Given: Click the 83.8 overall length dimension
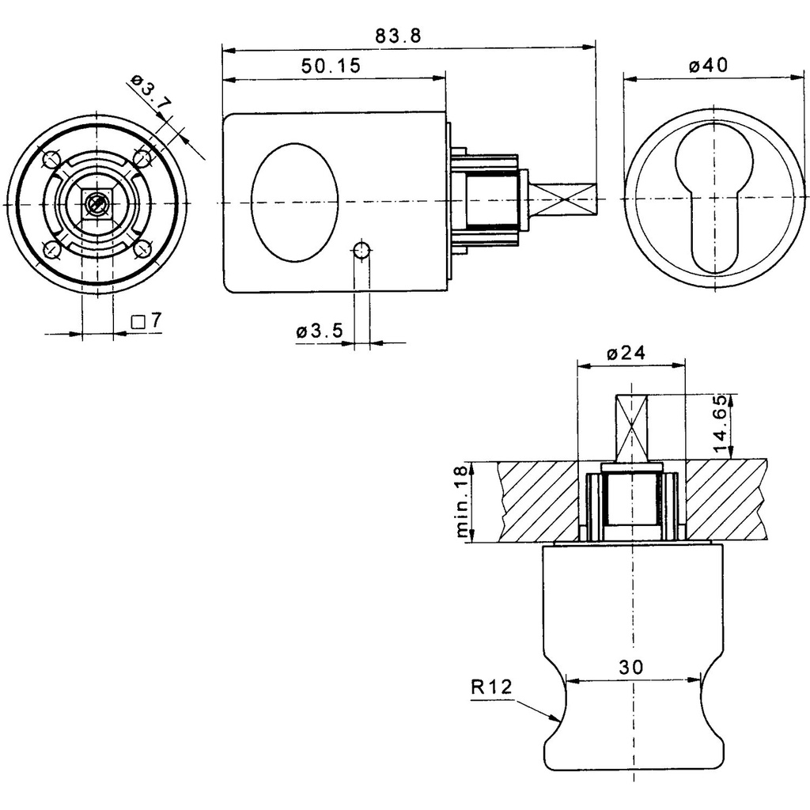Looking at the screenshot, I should pyautogui.click(x=399, y=36).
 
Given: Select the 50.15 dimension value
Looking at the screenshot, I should pyautogui.click(x=331, y=66).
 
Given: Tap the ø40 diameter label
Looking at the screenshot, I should pyautogui.click(x=708, y=66).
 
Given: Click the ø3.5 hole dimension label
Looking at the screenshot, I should pyautogui.click(x=320, y=331).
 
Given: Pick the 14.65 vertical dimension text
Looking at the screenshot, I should pyautogui.click(x=721, y=425).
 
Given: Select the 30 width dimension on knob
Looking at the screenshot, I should pyautogui.click(x=633, y=667).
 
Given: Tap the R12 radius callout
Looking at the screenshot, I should pyautogui.click(x=491, y=687).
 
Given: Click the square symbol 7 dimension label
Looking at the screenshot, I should pyautogui.click(x=147, y=321).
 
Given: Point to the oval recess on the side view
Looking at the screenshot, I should pyautogui.click(x=294, y=202).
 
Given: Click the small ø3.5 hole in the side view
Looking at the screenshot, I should pyautogui.click(x=361, y=252).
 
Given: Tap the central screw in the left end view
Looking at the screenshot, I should pyautogui.click(x=97, y=204).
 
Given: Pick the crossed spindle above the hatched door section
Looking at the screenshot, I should pyautogui.click(x=632, y=427).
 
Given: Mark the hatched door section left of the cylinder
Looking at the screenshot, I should pyautogui.click(x=538, y=501).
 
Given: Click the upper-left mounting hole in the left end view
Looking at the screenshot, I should pyautogui.click(x=51, y=158).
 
